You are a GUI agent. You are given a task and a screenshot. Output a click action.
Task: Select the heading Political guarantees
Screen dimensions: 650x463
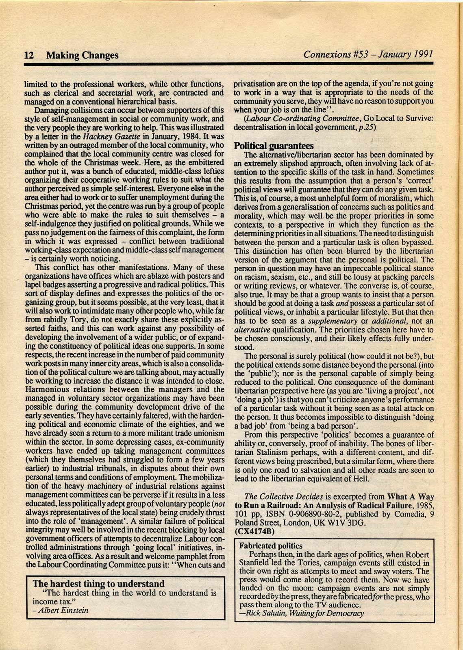pyautogui.click(x=274, y=146)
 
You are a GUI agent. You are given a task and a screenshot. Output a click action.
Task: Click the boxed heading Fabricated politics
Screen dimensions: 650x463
pyautogui.click(x=271, y=546)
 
